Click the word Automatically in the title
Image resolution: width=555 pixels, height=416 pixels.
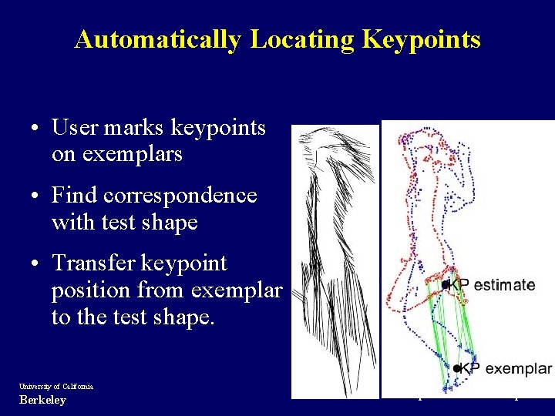(158, 39)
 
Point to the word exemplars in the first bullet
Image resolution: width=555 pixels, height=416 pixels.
(117, 154)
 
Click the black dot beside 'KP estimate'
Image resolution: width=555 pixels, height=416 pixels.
(446, 285)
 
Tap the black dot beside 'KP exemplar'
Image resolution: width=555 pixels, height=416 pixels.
(458, 368)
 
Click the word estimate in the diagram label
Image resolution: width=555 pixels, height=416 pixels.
(504, 285)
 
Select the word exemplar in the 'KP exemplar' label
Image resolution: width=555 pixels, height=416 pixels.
(519, 368)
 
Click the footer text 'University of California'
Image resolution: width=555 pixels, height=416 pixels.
(56, 386)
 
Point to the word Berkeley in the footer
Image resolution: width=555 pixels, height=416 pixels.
(42, 400)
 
